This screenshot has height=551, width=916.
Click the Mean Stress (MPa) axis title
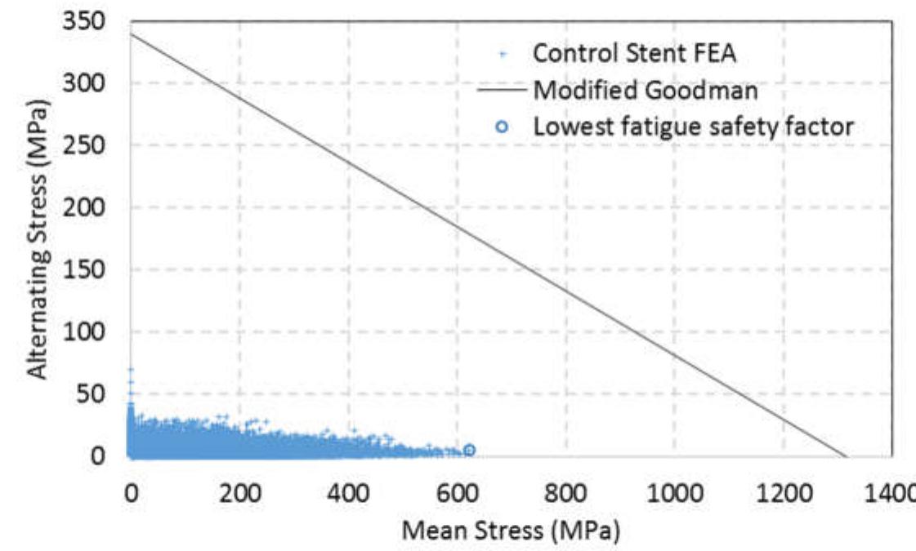pos(510,531)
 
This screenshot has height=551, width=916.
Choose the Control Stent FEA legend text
pos(625,53)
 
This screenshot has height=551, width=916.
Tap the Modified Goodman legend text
pos(646,91)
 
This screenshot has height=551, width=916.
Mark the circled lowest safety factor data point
pos(469,450)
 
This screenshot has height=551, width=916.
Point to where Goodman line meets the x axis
pos(847,456)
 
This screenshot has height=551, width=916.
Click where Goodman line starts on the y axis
pos(130,33)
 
